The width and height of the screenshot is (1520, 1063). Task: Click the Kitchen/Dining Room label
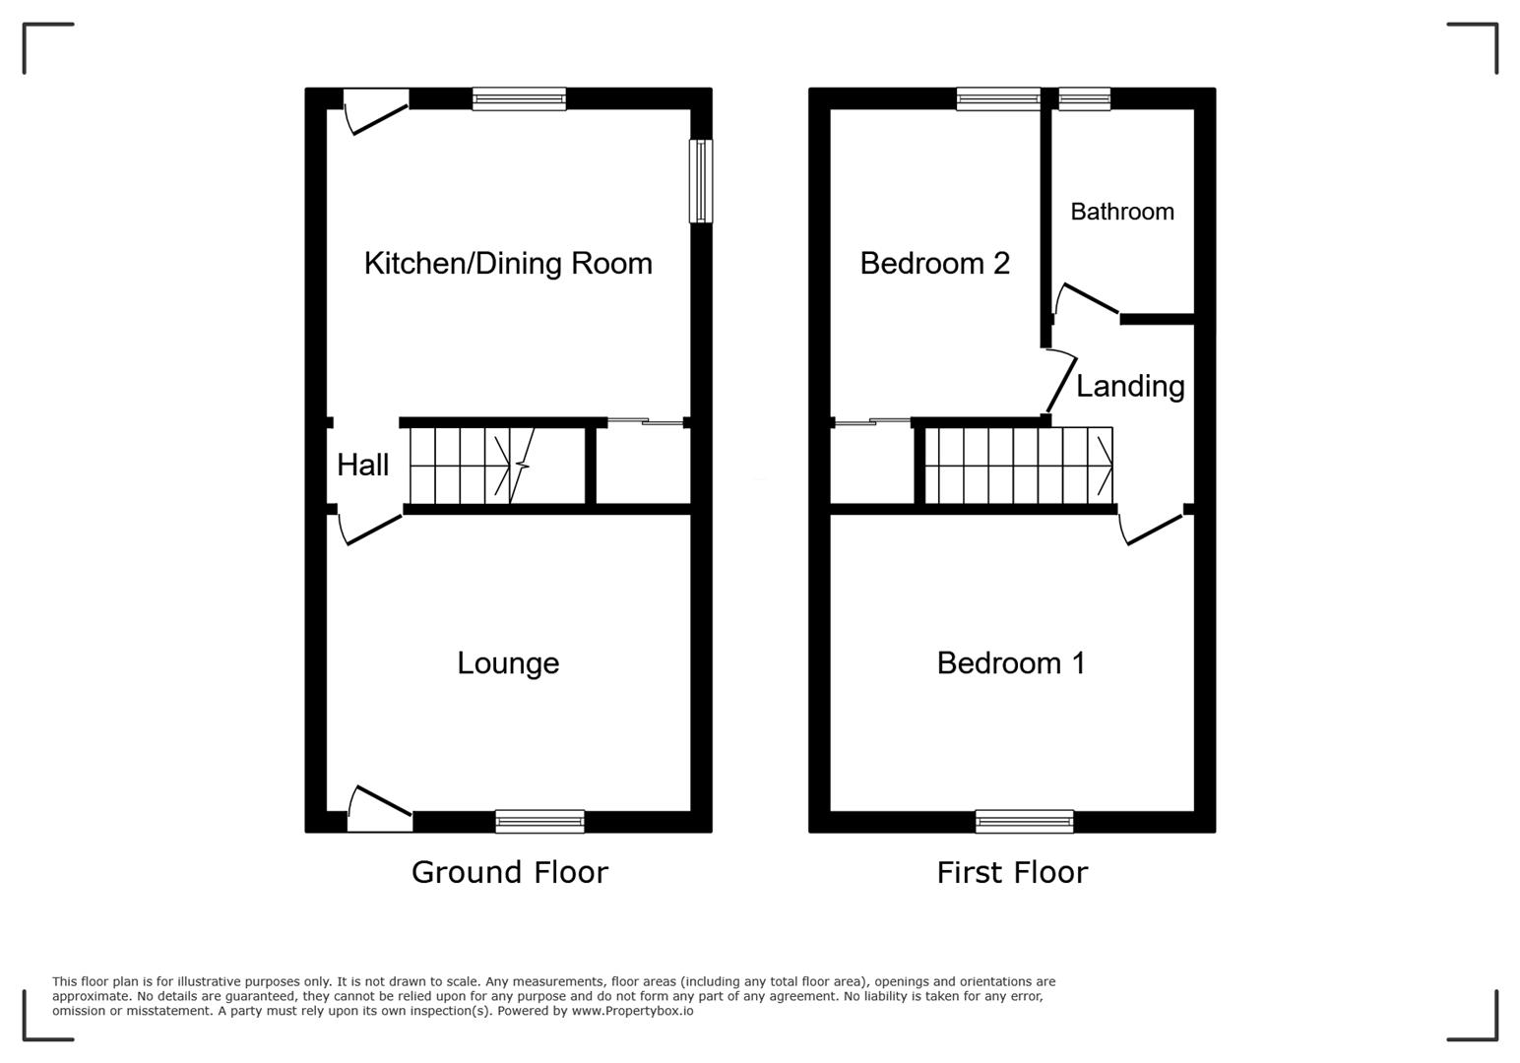coord(508,264)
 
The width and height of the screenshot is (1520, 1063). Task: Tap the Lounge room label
coord(508,662)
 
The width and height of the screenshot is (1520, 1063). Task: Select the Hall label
coord(362,465)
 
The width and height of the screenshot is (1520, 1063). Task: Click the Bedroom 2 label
coord(934,264)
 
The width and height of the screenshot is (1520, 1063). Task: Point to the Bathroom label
coord(1121,212)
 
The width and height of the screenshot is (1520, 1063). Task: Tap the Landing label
coord(1130,386)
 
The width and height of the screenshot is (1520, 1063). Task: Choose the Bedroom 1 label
coord(1011,662)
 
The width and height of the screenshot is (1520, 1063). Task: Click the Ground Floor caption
coord(509,872)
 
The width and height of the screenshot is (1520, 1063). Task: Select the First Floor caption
coord(1012,872)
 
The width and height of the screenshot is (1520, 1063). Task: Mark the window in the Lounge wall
coord(539,821)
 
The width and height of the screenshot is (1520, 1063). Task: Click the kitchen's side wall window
coord(700,181)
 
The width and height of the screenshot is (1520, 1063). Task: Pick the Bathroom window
coord(1084,98)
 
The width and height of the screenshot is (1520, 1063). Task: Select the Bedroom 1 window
coord(1024,821)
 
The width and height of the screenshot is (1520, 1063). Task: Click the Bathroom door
coord(1087,299)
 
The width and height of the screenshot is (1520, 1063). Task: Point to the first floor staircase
coord(1019,466)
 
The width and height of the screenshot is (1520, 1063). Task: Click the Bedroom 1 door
coord(1153,529)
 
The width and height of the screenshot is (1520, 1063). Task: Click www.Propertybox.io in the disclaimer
coord(632,1011)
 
